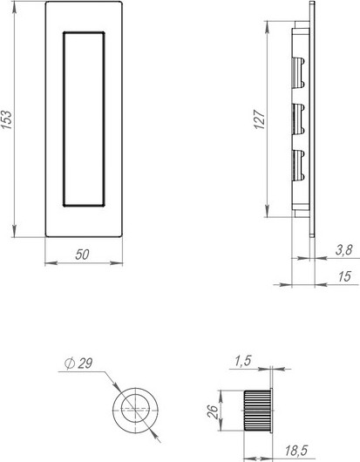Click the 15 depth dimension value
click(x=343, y=276)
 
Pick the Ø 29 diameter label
click(x=79, y=365)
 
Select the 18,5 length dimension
click(x=296, y=451)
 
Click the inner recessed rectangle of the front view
click(x=84, y=119)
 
